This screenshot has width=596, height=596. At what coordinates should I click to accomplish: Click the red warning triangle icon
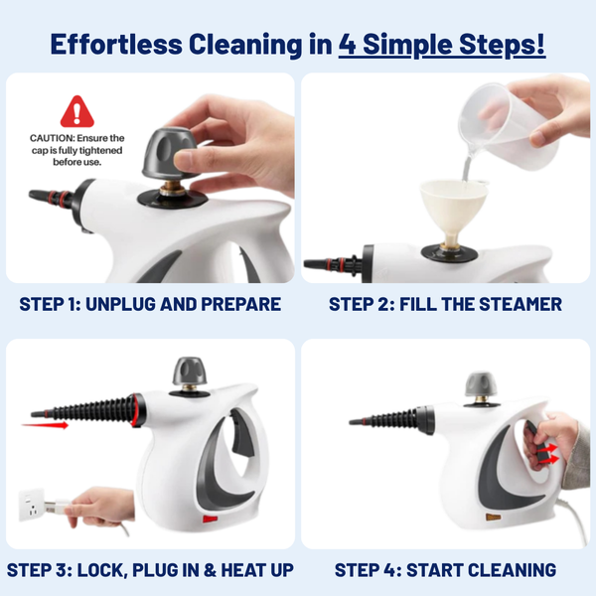76,111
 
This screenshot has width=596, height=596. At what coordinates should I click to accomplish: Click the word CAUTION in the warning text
50,138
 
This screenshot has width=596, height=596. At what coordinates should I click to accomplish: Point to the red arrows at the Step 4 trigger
543,454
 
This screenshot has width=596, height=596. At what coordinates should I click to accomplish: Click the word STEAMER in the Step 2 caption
519,304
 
